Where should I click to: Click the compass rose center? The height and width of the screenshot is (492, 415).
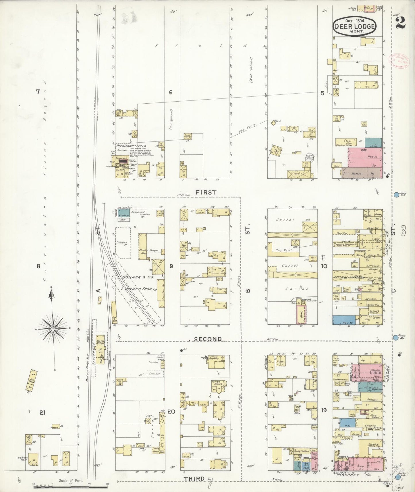point(53,328)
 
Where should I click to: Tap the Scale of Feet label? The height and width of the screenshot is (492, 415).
point(71,481)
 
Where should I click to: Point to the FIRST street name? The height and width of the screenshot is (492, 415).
point(206,192)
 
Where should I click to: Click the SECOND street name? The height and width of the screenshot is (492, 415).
point(208,339)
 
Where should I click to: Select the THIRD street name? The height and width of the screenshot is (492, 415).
point(194,479)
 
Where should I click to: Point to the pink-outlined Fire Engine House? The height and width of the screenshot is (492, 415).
point(301,315)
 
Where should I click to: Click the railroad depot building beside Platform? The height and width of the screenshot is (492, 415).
point(100,350)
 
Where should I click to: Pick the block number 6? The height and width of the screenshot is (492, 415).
point(171,92)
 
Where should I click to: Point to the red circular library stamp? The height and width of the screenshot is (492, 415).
point(399,60)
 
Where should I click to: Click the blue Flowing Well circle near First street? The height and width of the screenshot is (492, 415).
point(396,195)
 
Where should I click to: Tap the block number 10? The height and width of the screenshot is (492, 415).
point(324,266)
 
